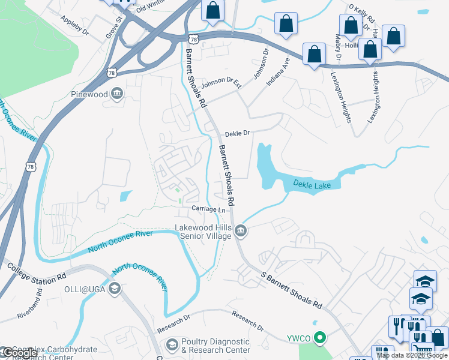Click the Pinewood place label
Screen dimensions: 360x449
89,94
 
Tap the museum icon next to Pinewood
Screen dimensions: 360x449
117,93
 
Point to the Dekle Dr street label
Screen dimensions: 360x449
237,134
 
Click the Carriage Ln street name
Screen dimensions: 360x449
208,209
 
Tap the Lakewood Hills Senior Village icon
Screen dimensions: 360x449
240,231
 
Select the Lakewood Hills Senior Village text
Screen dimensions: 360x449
203,232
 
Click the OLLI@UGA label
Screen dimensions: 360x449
86,289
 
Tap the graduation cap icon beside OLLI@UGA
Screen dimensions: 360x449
114,289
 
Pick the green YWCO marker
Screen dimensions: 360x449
320,338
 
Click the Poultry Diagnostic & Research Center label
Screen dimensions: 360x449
215,346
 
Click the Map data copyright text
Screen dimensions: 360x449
412,355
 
